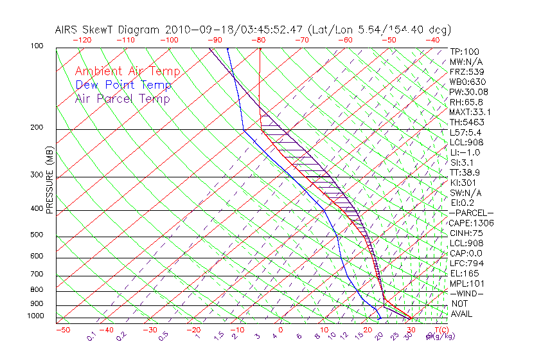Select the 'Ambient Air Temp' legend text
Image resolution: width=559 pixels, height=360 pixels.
[128, 71]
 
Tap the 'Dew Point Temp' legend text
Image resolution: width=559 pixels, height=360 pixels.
[123, 85]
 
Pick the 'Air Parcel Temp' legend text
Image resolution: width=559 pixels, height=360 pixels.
[123, 98]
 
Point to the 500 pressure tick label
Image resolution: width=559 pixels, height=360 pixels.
[36, 235]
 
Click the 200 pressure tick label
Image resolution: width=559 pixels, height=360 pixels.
[36, 128]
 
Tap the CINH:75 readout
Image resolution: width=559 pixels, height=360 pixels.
[466, 233]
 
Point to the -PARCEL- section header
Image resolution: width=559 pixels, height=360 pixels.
[472, 213]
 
